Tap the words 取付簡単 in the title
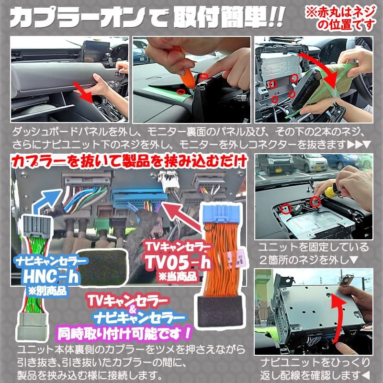[x=225, y=17]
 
